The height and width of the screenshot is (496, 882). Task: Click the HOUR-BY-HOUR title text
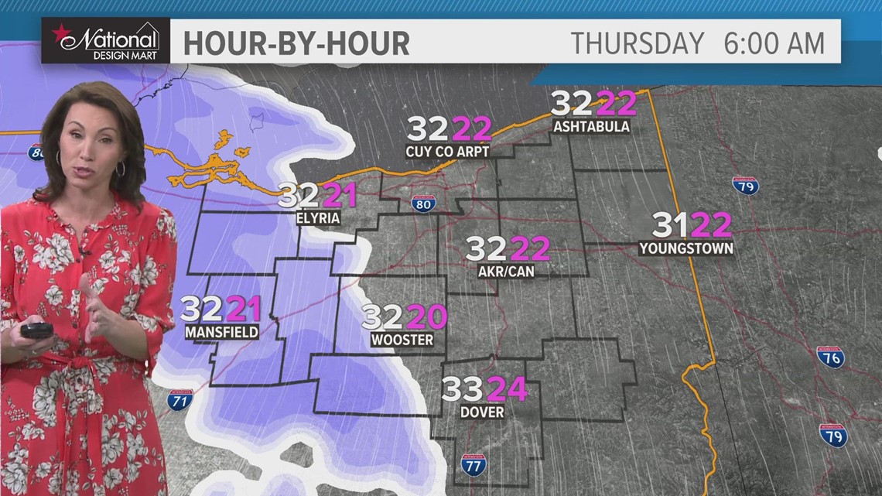click(296, 43)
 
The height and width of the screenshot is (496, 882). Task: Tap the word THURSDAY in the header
click(638, 43)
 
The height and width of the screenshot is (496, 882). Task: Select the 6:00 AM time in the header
click(774, 43)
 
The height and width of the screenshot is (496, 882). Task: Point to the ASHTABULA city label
click(591, 126)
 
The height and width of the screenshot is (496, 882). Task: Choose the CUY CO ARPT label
click(447, 152)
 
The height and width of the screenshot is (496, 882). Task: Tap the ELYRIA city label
click(318, 218)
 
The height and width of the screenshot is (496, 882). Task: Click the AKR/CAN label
click(506, 272)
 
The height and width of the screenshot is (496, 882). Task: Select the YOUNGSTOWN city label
click(686, 248)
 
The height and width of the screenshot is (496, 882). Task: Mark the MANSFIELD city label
click(221, 333)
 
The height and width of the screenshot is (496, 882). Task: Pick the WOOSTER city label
click(402, 340)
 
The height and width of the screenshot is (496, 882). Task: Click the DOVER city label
click(482, 412)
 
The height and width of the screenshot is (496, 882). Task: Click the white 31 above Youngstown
click(670, 225)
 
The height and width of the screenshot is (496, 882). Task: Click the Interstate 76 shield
click(831, 357)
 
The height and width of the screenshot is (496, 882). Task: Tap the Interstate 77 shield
click(473, 464)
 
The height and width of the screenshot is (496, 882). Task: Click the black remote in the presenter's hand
click(36, 330)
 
